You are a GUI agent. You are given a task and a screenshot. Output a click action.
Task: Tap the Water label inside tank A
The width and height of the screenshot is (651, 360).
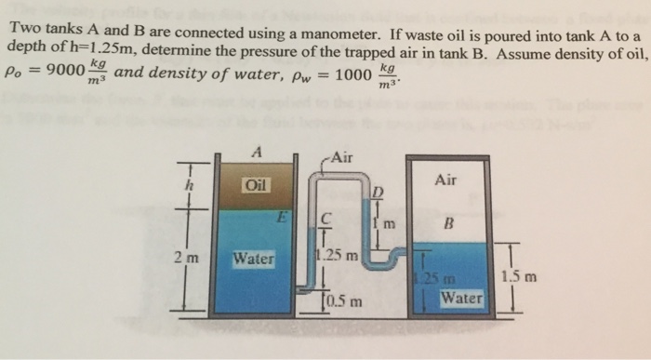[253, 258]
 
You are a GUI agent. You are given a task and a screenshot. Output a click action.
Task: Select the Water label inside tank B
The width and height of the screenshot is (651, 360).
[461, 299]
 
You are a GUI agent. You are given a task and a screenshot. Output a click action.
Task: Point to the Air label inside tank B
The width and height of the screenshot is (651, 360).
[446, 180]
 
